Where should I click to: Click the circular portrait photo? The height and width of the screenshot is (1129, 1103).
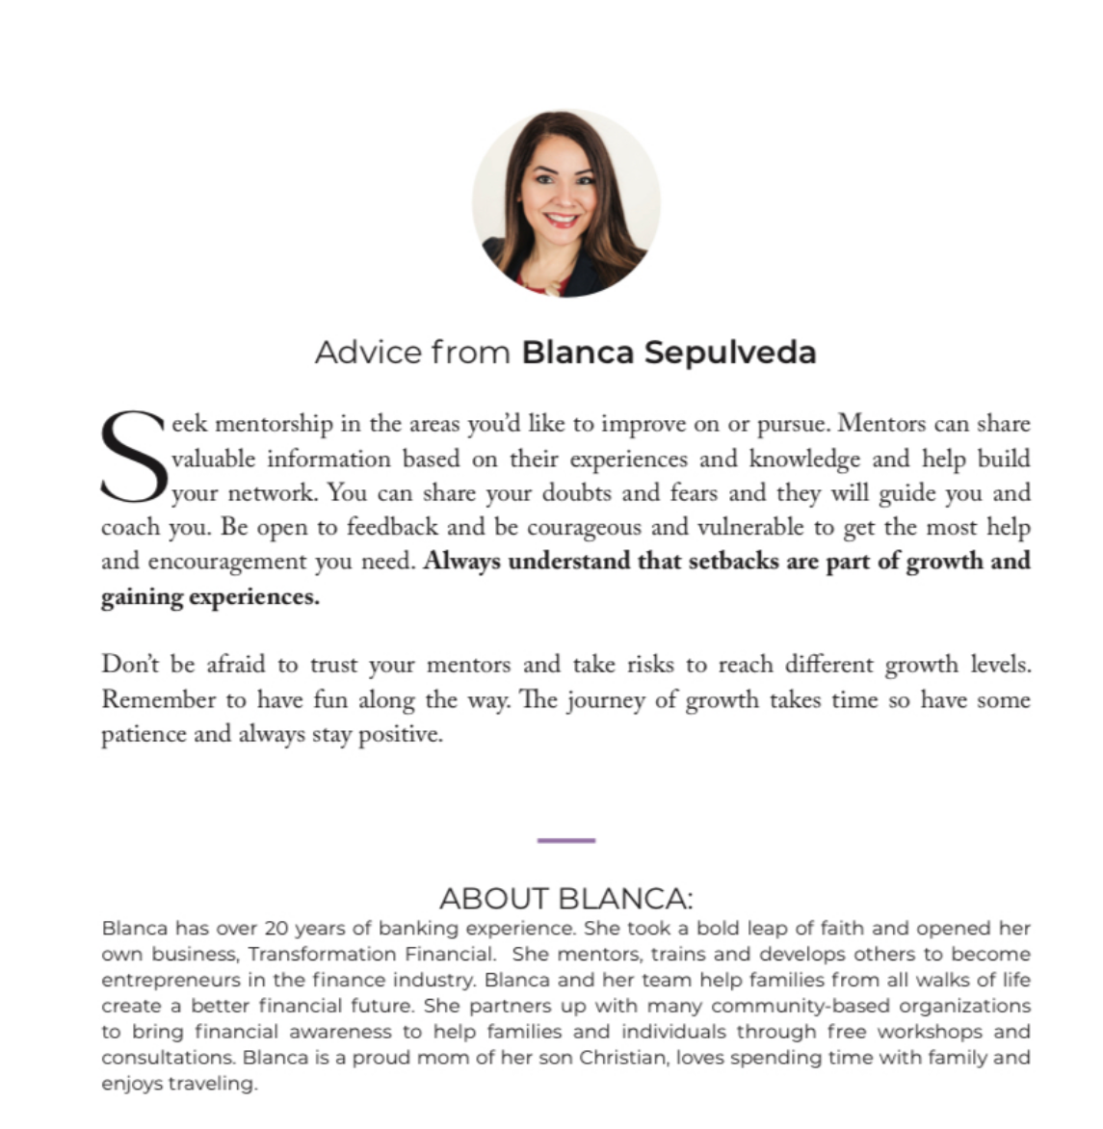point(566,203)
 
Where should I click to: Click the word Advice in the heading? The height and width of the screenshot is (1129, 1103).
point(369,353)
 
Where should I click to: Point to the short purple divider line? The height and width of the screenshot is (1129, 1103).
point(566,841)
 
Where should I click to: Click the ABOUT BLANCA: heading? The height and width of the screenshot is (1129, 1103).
point(566,899)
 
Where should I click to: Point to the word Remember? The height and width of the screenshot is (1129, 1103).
point(160,700)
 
